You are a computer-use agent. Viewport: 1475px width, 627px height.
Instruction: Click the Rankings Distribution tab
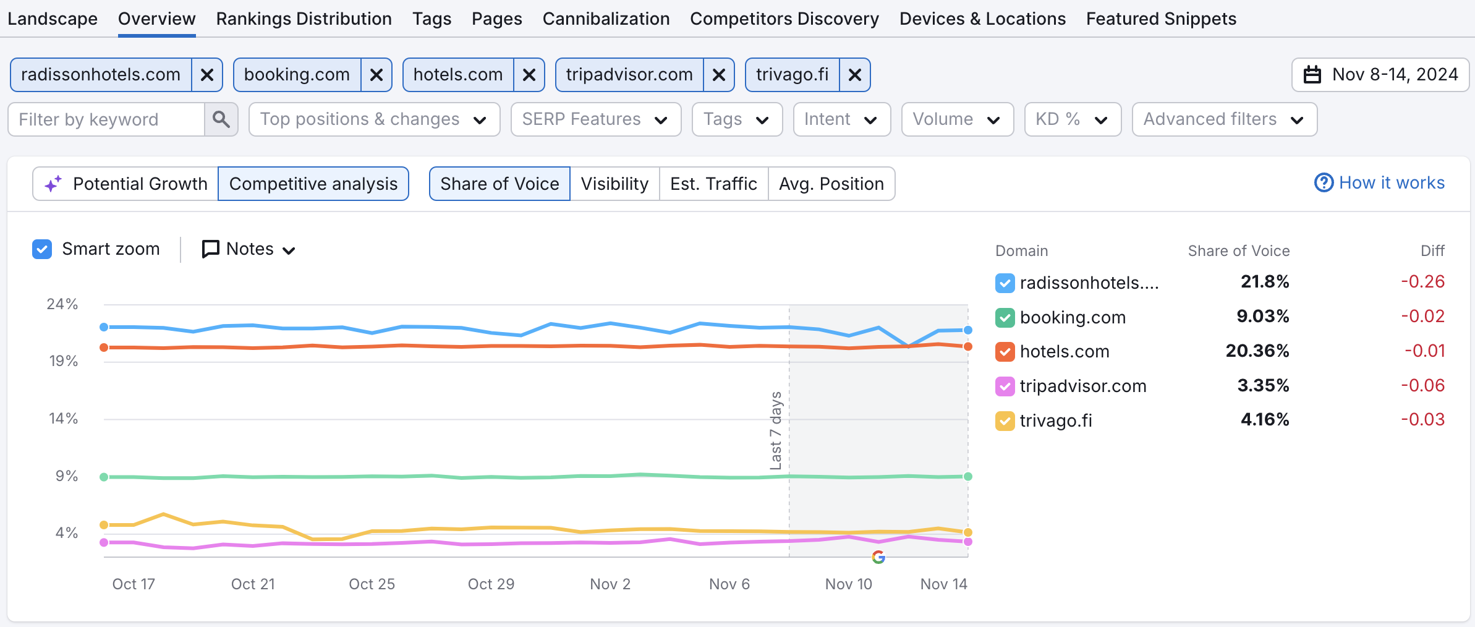coord(304,19)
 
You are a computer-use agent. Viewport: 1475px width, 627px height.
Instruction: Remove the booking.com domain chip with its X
coord(376,75)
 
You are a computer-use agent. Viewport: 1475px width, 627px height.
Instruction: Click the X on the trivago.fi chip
coord(854,75)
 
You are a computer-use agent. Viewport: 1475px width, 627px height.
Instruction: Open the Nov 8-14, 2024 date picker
coord(1380,75)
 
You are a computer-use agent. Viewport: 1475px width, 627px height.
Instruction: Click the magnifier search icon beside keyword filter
coord(221,119)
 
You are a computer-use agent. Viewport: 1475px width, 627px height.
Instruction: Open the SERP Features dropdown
coord(595,119)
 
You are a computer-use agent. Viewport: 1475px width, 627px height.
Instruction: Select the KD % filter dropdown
coord(1072,119)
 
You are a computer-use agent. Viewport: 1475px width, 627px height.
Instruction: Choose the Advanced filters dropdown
coord(1223,119)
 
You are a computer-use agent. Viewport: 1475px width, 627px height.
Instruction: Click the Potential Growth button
coord(126,184)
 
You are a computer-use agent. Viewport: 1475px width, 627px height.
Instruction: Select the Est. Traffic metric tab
coord(713,184)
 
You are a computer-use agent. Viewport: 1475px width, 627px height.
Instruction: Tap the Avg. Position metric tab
coord(831,184)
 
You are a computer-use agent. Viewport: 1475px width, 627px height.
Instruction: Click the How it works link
coord(1380,183)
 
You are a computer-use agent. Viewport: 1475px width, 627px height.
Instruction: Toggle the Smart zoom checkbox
coord(42,249)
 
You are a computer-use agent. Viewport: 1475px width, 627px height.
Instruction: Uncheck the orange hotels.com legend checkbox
coord(1005,352)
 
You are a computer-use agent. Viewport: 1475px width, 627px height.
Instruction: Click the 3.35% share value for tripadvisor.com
coord(1262,386)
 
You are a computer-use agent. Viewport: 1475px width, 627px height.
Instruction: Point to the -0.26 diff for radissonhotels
coord(1422,282)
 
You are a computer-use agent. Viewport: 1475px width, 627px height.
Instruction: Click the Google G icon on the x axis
coord(878,557)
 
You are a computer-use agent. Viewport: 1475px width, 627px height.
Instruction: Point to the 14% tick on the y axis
coord(63,419)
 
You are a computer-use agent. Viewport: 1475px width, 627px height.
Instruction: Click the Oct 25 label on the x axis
coord(372,584)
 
